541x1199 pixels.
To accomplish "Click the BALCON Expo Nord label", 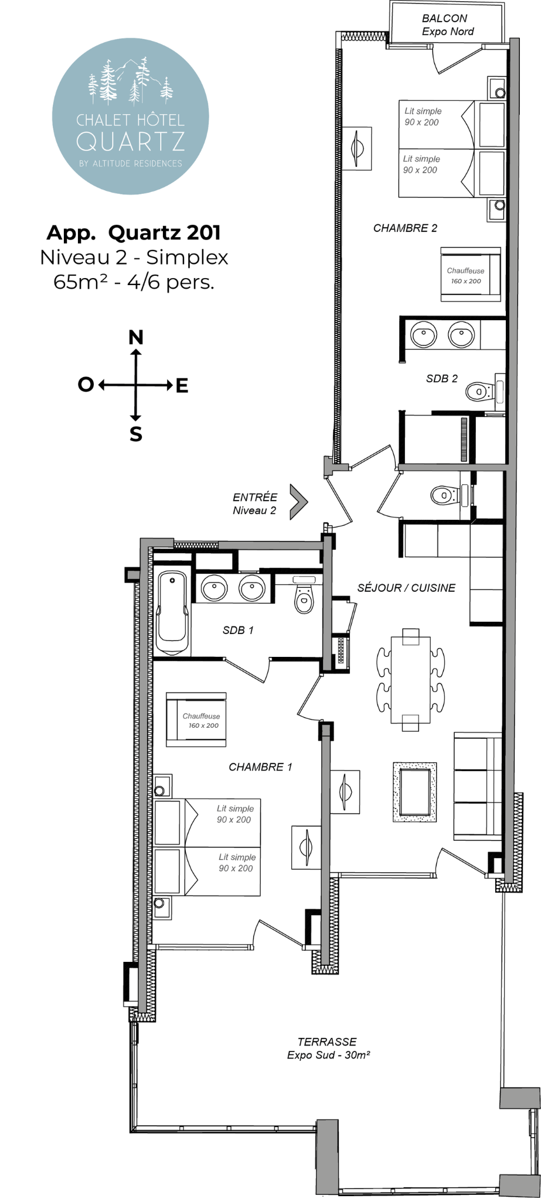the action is (448, 25).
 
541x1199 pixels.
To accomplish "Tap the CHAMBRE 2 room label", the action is (405, 228).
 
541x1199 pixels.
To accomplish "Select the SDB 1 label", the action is (238, 631).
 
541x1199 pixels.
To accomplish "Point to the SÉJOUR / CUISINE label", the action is (406, 588).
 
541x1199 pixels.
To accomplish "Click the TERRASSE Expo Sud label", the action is (328, 1048).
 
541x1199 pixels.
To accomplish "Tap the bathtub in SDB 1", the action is (172, 612).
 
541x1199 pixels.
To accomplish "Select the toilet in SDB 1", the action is (304, 594).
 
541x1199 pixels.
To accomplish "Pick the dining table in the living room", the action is (411, 679).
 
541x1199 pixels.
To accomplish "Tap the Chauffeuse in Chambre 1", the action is (196, 720).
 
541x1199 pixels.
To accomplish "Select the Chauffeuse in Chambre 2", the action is (471, 275).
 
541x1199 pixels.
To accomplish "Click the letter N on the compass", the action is (136, 337).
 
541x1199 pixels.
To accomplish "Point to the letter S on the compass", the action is (136, 434).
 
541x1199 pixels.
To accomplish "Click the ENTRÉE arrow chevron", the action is (299, 501).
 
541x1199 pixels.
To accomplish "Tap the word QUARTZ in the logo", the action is (131, 142).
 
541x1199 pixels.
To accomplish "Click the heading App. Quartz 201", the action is (134, 233).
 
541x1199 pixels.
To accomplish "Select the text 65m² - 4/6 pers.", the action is (134, 282).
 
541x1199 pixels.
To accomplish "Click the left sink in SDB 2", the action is (423, 335).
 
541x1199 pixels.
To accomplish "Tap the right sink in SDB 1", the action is (252, 588).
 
